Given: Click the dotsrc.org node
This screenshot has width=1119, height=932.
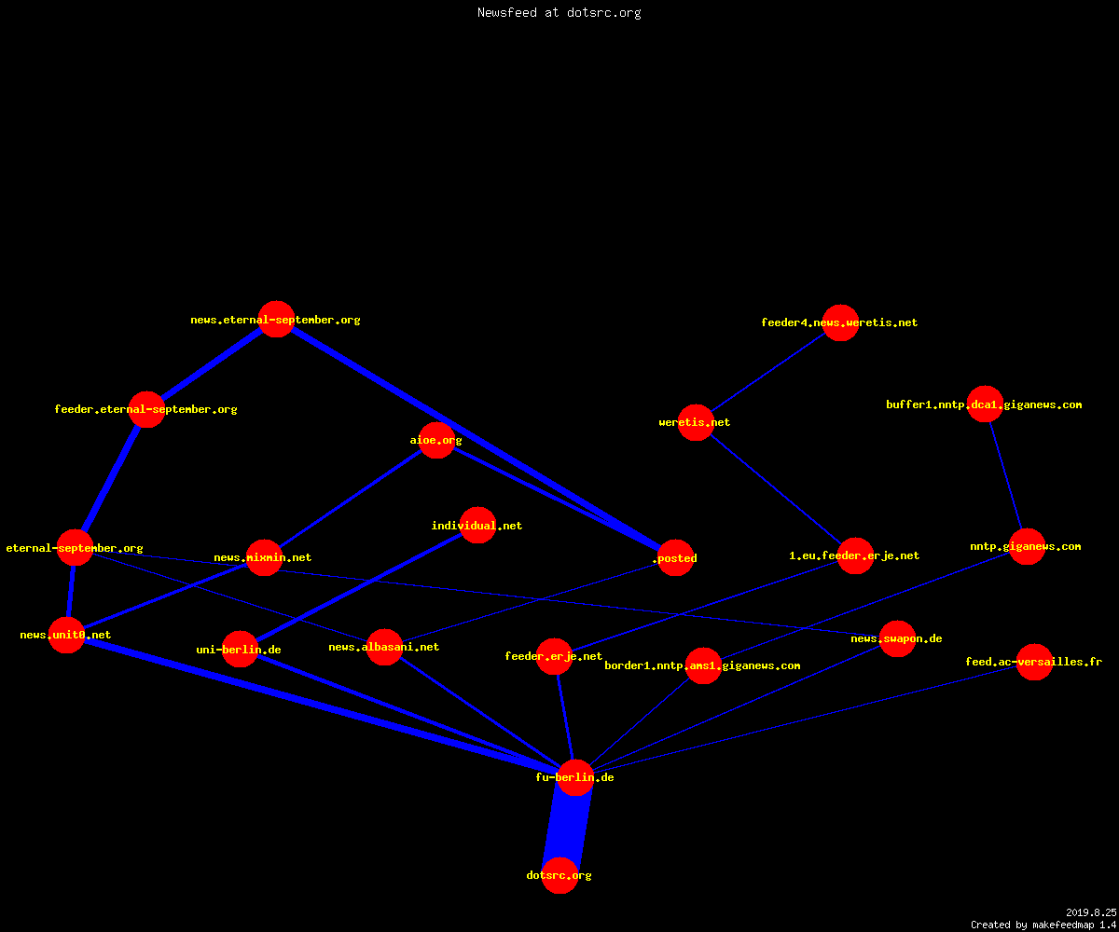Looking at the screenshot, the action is (x=559, y=875).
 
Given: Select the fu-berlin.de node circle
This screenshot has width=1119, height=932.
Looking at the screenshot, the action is (x=575, y=777).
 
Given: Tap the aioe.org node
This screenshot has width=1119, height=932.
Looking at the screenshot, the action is (x=436, y=440).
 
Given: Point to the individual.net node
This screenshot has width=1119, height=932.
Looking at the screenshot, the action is (x=477, y=525).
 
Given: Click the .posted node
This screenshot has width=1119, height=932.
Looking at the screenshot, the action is (x=675, y=557).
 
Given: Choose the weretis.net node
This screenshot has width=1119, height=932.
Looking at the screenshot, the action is (x=696, y=422).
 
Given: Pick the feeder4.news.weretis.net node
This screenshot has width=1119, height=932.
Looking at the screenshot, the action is (x=840, y=322).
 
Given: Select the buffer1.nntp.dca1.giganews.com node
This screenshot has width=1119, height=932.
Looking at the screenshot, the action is (x=985, y=404).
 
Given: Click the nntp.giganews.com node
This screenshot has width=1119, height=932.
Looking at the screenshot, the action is (x=1027, y=546).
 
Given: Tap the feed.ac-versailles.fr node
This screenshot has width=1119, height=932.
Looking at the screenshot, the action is (x=1034, y=662).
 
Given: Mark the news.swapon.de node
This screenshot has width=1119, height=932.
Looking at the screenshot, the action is (x=897, y=638).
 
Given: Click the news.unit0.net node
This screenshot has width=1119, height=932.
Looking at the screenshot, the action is (x=66, y=636).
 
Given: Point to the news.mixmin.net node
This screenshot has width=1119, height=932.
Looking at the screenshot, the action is (x=264, y=557).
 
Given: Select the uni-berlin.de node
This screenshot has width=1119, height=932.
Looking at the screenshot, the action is (x=240, y=650).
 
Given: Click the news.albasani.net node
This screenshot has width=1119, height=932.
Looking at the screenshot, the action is (x=384, y=647).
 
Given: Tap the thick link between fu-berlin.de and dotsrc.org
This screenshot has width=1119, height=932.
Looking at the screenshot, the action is (x=568, y=827).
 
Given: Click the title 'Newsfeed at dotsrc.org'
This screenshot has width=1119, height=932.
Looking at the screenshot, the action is (x=559, y=12).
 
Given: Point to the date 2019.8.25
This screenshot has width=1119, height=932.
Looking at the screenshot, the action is (x=1091, y=912).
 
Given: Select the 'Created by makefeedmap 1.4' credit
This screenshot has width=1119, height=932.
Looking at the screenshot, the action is (x=1043, y=925).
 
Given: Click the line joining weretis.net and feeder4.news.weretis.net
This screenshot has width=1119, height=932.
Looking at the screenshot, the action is (x=768, y=372).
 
